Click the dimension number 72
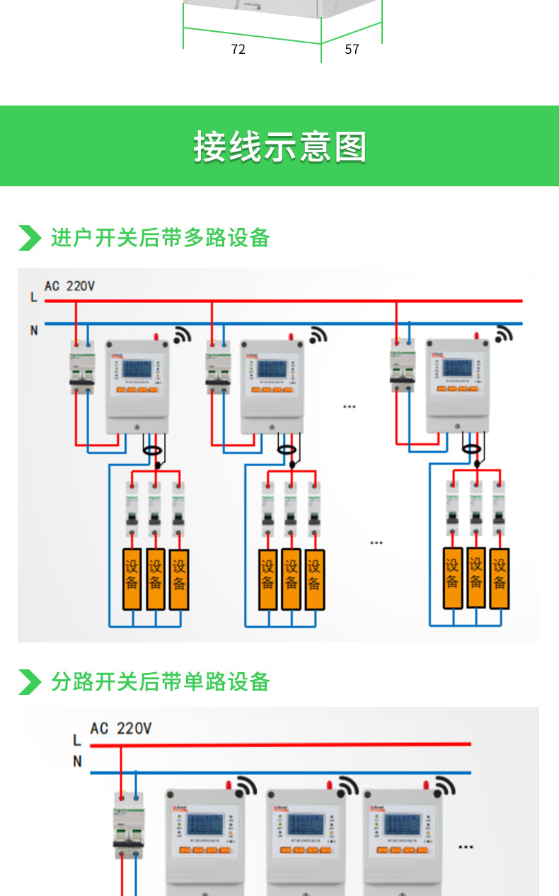pos(238,49)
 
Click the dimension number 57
pos(352,49)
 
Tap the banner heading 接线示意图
pos(279,147)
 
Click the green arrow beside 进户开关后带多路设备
pos(29,238)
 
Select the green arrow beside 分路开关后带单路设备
pos(29,681)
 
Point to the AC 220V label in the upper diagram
pos(69,286)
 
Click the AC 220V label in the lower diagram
pos(120,728)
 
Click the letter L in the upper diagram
pos(33,297)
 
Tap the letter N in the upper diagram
pos(33,329)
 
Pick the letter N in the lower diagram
pos(77,761)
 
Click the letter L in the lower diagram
pos(77,740)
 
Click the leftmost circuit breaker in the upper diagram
pos(81,367)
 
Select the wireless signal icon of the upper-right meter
pos(504,334)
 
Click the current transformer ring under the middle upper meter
pos(287,449)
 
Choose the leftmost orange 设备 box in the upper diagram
pos(132,579)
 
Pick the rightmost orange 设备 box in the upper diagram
pos(500,577)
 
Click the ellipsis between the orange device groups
pos(376,543)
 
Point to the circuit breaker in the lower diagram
pos(129,822)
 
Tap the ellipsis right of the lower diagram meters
pos(466,846)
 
